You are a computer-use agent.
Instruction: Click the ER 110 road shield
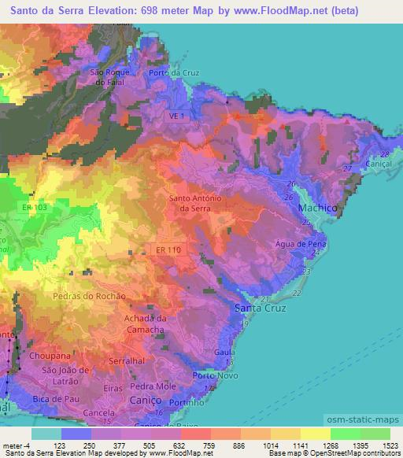167,249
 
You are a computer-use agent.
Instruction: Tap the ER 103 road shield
35,206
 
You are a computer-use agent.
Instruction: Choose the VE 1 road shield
178,116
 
